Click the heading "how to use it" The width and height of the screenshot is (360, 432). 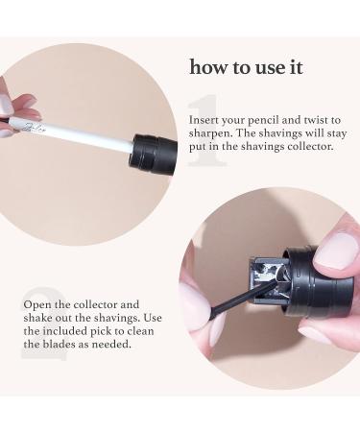tap(245, 67)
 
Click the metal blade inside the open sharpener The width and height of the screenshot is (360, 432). tap(267, 278)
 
